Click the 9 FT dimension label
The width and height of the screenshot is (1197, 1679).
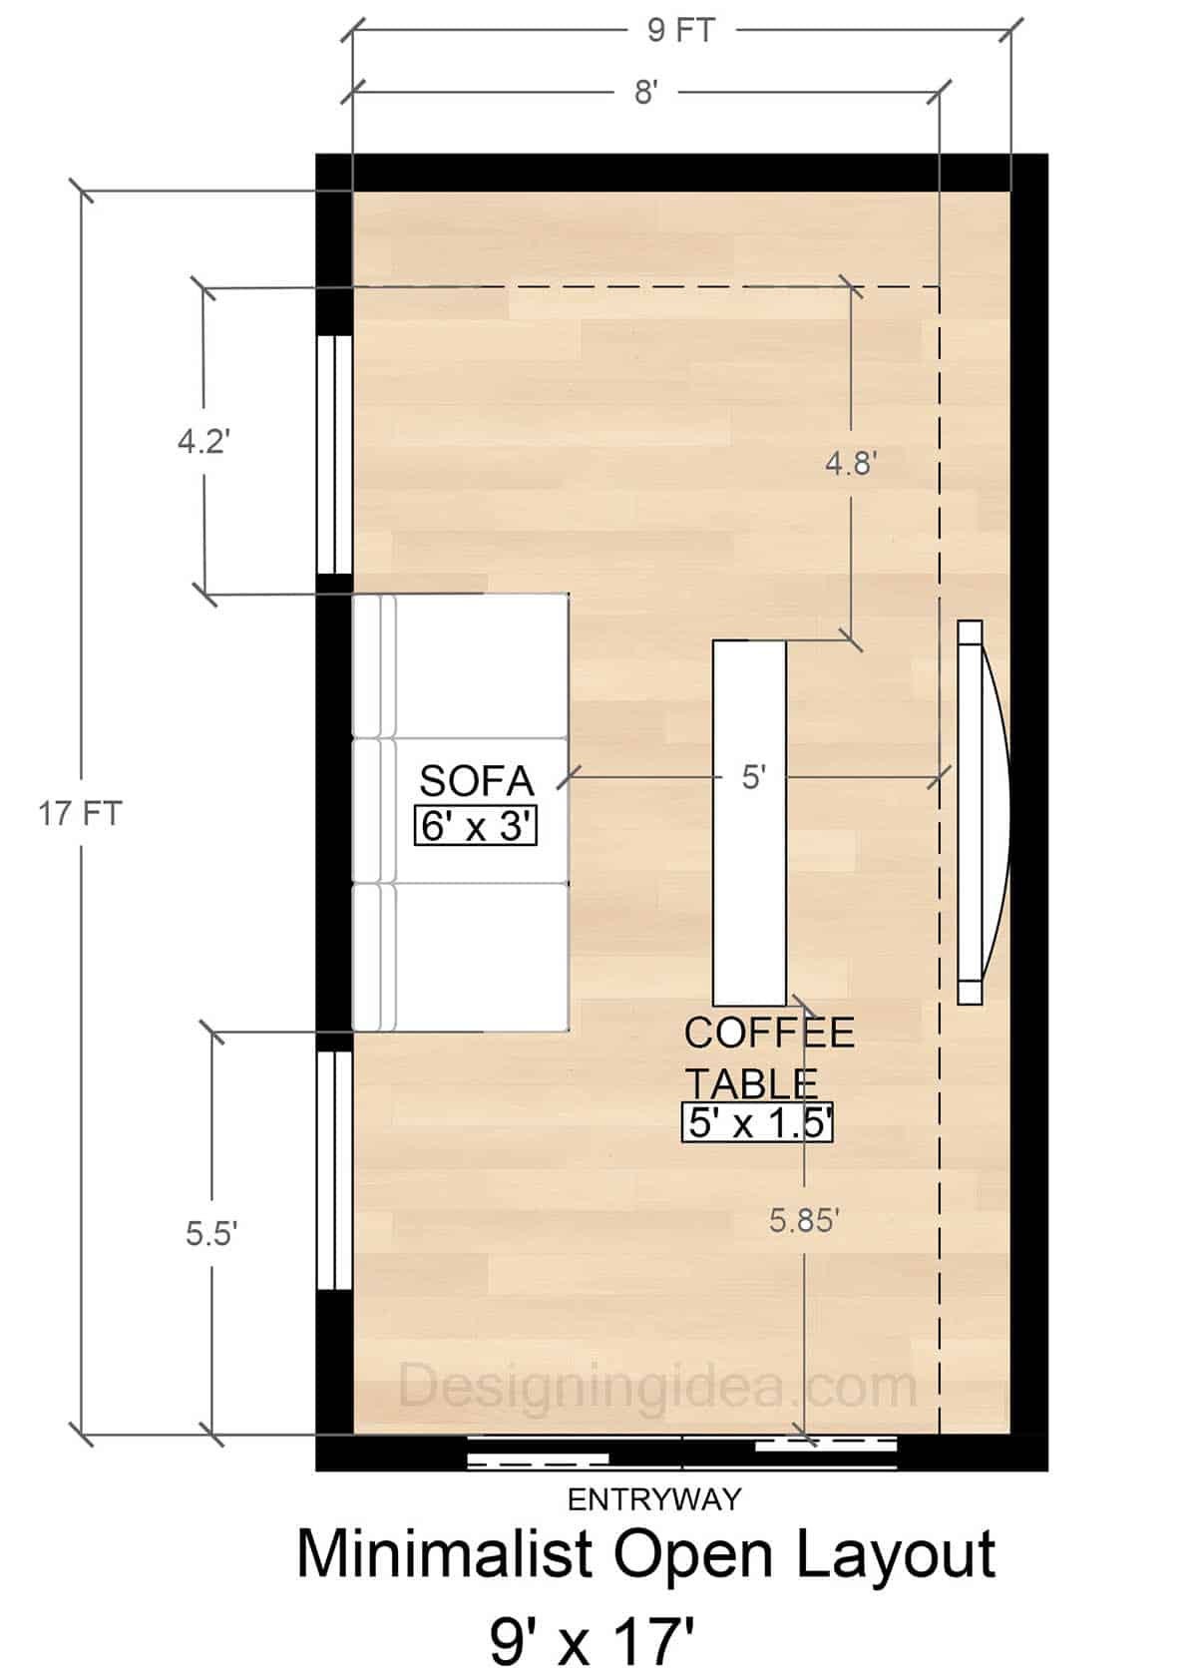[x=680, y=30]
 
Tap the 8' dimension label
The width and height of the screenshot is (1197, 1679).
[x=645, y=93]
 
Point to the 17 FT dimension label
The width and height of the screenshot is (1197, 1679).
[x=80, y=814]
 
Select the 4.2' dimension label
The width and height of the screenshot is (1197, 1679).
[x=204, y=441]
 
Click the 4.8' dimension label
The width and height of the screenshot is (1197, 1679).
[x=851, y=463]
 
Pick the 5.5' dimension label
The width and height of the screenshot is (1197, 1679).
[x=210, y=1234]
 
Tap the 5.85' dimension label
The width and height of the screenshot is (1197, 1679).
[x=804, y=1219]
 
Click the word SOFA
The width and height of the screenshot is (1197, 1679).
[x=477, y=781]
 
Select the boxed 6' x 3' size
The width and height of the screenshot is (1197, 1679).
[x=476, y=826]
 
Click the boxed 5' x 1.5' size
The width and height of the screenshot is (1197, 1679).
[x=758, y=1123]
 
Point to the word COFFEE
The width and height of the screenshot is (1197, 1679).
[x=769, y=1034]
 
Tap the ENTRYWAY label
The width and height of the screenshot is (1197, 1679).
[x=654, y=1498]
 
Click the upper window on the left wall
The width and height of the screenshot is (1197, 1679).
[x=335, y=454]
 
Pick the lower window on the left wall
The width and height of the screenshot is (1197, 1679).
[x=335, y=1170]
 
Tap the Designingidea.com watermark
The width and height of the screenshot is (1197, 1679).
[x=658, y=1387]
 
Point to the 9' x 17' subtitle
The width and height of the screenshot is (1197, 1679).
[x=591, y=1641]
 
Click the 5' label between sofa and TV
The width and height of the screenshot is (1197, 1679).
[x=753, y=777]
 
